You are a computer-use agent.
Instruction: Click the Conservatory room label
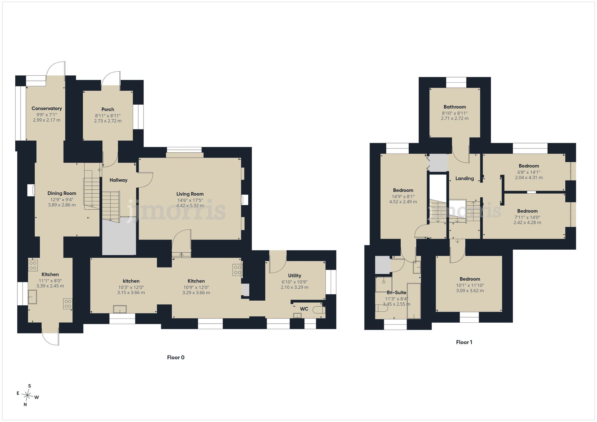[x=47, y=109]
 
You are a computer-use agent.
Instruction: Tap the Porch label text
[x=108, y=109]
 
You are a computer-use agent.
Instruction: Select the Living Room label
[x=190, y=194]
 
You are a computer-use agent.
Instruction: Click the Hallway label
[x=119, y=180]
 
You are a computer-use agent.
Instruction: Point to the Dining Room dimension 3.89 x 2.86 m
[x=62, y=205]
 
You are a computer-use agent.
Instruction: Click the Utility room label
[x=295, y=276]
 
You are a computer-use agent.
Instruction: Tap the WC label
[x=304, y=309]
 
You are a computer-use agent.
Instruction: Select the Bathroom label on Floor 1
[x=455, y=107]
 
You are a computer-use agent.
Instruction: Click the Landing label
[x=464, y=178]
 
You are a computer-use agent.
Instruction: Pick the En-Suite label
[x=396, y=293]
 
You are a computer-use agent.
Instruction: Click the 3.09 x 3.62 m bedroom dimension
[x=470, y=290]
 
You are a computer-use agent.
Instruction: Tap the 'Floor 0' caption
[x=176, y=357]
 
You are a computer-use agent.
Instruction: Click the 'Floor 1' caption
[x=464, y=342]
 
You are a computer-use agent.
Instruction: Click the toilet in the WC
[x=318, y=310]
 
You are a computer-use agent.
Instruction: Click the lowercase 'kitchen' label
[x=131, y=281]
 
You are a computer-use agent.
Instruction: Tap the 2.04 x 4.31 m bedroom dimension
[x=529, y=177]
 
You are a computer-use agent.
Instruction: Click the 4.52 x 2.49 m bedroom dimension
[x=403, y=202]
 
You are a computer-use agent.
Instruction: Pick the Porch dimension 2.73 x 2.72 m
[x=108, y=121]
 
